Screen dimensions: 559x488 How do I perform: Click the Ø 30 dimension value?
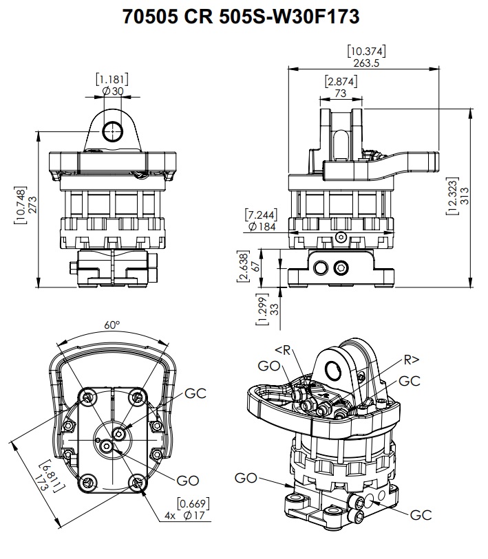pos(112,91)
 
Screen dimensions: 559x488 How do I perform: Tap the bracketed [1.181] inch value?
pos(112,78)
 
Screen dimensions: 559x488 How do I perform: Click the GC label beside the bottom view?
pos(196,394)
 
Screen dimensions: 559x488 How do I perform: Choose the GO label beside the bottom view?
pos(188,479)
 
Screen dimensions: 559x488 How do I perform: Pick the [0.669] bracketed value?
pos(193,503)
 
